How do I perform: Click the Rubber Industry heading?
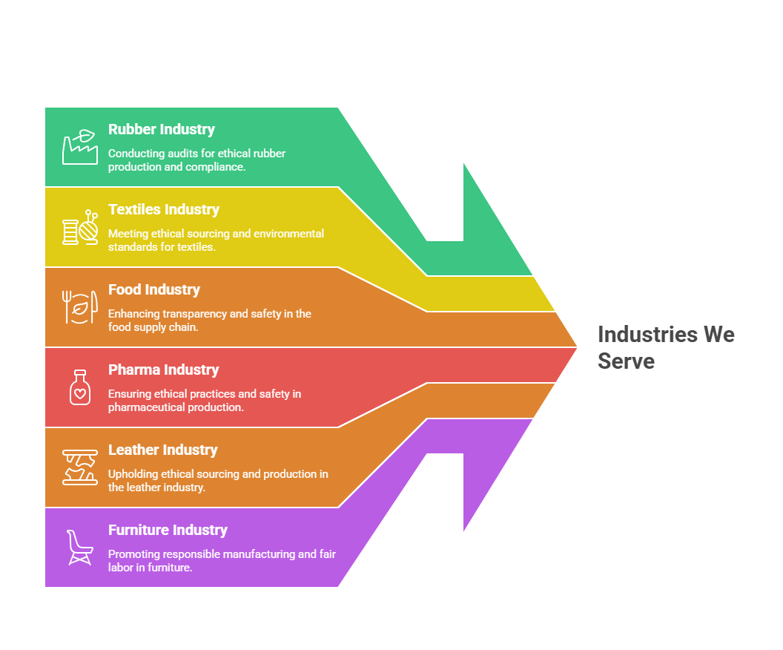pyautogui.click(x=162, y=129)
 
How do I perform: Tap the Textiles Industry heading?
pyautogui.click(x=164, y=209)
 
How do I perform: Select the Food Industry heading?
pyautogui.click(x=153, y=289)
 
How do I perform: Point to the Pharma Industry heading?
pyautogui.click(x=163, y=370)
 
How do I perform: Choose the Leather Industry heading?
pyautogui.click(x=163, y=450)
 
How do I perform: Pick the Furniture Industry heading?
pyautogui.click(x=168, y=530)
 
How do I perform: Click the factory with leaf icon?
pyautogui.click(x=80, y=147)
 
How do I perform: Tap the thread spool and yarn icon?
pyautogui.click(x=80, y=227)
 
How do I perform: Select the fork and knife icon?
pyautogui.click(x=80, y=306)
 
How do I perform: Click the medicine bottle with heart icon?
pyautogui.click(x=80, y=387)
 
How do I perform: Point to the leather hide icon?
pyautogui.click(x=80, y=467)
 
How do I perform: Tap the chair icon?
pyautogui.click(x=80, y=548)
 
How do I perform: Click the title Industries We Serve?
pyautogui.click(x=666, y=348)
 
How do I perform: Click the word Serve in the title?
pyautogui.click(x=627, y=361)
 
